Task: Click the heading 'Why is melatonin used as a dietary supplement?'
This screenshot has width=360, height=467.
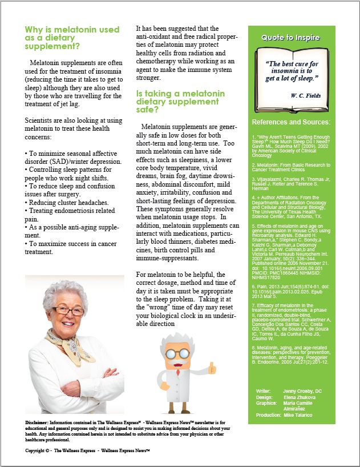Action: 72,38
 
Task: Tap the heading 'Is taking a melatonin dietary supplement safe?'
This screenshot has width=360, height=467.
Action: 180,102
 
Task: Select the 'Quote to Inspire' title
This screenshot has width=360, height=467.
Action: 290,38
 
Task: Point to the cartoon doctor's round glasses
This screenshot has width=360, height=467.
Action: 181,353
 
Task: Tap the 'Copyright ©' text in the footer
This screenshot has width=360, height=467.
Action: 38,450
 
